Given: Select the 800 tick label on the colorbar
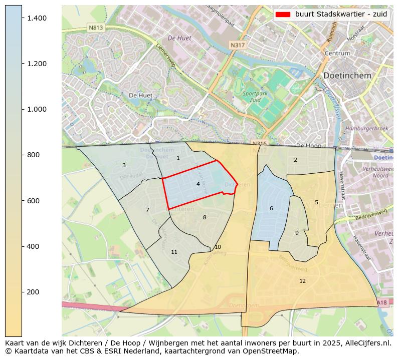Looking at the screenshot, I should click(33, 155).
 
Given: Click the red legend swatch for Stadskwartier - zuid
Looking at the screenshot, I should click(283, 15).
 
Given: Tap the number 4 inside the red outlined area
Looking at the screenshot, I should click(198, 184).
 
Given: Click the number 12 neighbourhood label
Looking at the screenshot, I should click(302, 281).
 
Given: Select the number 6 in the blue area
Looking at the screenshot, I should click(271, 208).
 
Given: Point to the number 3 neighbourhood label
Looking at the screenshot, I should click(124, 165).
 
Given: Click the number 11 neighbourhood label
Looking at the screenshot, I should click(174, 252).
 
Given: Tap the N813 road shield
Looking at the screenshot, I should click(95, 28).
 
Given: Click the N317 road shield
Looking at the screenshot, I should click(238, 45).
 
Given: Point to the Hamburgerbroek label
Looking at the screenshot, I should click(367, 129).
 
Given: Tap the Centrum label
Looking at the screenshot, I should click(337, 53).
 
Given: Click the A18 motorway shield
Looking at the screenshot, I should click(382, 302).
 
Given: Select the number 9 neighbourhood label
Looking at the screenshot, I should click(297, 233).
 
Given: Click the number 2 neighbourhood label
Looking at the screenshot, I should click(295, 160).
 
